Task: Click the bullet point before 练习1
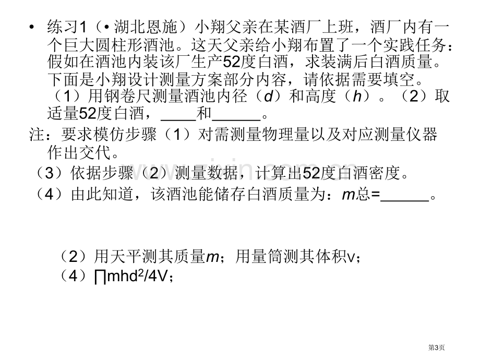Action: coord(31,28)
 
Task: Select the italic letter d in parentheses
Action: coord(268,97)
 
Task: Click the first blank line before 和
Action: coord(178,119)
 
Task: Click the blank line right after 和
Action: coord(236,119)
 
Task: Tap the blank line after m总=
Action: coord(405,200)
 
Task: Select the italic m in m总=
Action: coord(349,195)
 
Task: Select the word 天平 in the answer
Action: coord(126,256)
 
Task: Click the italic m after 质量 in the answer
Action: coord(212,257)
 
